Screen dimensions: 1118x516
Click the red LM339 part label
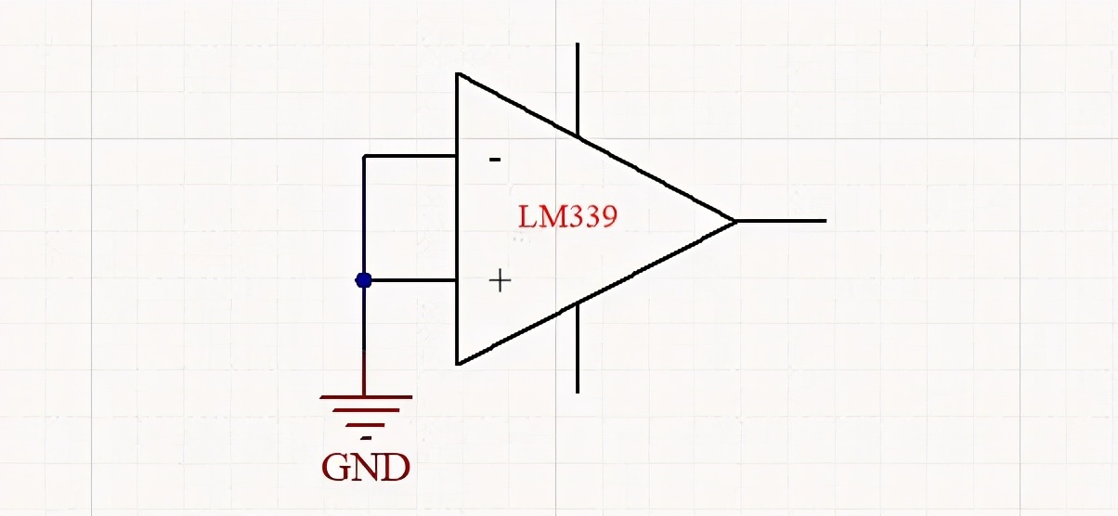pos(567,216)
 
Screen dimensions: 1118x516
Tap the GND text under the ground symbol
pos(366,467)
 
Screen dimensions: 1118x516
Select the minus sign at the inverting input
pos(495,160)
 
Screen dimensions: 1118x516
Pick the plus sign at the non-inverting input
pos(500,281)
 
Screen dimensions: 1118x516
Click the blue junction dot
pos(363,280)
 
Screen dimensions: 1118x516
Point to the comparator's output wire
pos(781,221)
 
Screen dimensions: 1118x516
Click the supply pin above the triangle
pos(578,89)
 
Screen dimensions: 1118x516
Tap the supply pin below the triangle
pos(578,348)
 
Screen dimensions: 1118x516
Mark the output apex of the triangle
pos(735,221)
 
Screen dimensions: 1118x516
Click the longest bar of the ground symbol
pos(366,397)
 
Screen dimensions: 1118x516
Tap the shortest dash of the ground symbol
pos(367,439)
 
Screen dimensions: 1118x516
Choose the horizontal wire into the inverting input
pos(409,156)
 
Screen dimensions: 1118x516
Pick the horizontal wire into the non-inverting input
pos(413,280)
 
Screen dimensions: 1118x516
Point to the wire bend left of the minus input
pos(364,156)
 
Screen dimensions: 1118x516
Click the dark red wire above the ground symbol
pos(363,373)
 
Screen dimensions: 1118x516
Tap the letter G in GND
pos(337,467)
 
